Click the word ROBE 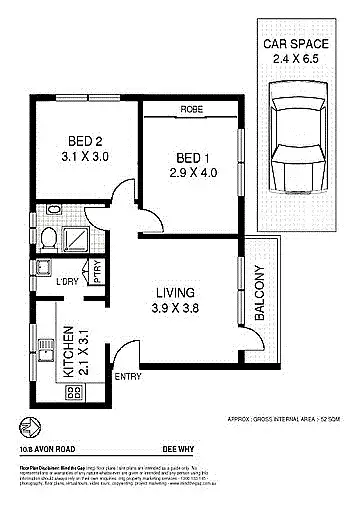(192, 108)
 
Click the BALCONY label (260, 292)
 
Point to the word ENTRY (129, 377)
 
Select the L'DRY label (68, 283)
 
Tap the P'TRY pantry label (97, 273)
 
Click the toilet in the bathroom (48, 237)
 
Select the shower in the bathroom (76, 238)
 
